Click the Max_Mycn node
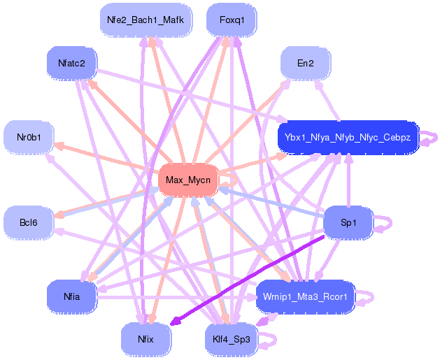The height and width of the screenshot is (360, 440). (x=187, y=180)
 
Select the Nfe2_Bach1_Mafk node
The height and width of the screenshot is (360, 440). (x=146, y=20)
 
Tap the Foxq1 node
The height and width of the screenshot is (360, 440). (x=232, y=20)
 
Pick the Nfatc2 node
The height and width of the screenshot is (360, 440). (x=71, y=63)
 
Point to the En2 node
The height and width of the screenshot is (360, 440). (x=305, y=63)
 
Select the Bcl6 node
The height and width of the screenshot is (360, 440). (x=29, y=222)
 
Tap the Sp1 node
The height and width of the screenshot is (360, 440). (x=348, y=222)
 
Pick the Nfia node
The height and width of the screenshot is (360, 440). (x=71, y=296)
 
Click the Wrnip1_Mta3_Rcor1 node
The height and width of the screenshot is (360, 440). (x=305, y=296)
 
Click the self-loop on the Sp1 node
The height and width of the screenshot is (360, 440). (x=386, y=223)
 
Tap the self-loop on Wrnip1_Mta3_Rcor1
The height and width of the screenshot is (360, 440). (x=369, y=297)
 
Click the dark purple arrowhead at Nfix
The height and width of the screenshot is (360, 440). (x=174, y=323)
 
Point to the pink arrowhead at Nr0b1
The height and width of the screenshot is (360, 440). (x=58, y=145)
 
